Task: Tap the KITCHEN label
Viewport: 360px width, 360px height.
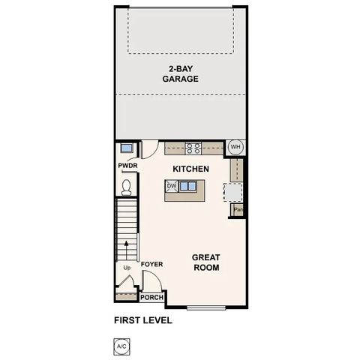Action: [x=190, y=169]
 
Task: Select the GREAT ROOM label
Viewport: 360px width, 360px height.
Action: [x=206, y=262]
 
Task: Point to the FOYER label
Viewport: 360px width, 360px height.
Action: [x=151, y=265]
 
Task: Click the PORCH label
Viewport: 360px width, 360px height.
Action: [x=152, y=297]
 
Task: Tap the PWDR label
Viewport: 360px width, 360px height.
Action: [x=125, y=166]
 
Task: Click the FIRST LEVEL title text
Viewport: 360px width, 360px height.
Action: [x=143, y=320]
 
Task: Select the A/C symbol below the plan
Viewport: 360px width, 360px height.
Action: [x=121, y=346]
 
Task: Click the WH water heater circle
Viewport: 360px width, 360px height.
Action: [x=235, y=147]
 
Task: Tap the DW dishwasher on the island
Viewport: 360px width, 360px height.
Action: [x=172, y=186]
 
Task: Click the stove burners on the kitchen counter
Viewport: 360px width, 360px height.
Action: [x=193, y=148]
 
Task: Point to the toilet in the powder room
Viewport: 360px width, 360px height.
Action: [x=126, y=184]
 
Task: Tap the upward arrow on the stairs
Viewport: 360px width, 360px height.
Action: [x=126, y=244]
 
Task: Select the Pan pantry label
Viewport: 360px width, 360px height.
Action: [x=238, y=210]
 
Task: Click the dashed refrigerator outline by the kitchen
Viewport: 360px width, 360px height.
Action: [x=233, y=193]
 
